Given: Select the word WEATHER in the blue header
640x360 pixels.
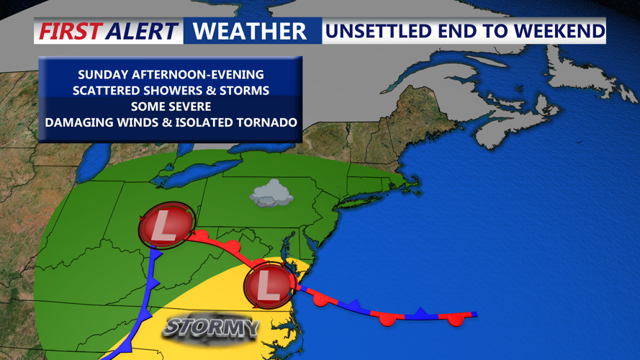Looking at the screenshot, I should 250,32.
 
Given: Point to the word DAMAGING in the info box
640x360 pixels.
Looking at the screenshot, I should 78,122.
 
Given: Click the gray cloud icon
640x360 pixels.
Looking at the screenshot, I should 271,194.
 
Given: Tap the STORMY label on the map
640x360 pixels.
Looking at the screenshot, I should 210,328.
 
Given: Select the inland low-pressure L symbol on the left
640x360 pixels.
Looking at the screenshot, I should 165,226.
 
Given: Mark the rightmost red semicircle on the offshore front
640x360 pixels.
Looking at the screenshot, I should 454,319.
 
